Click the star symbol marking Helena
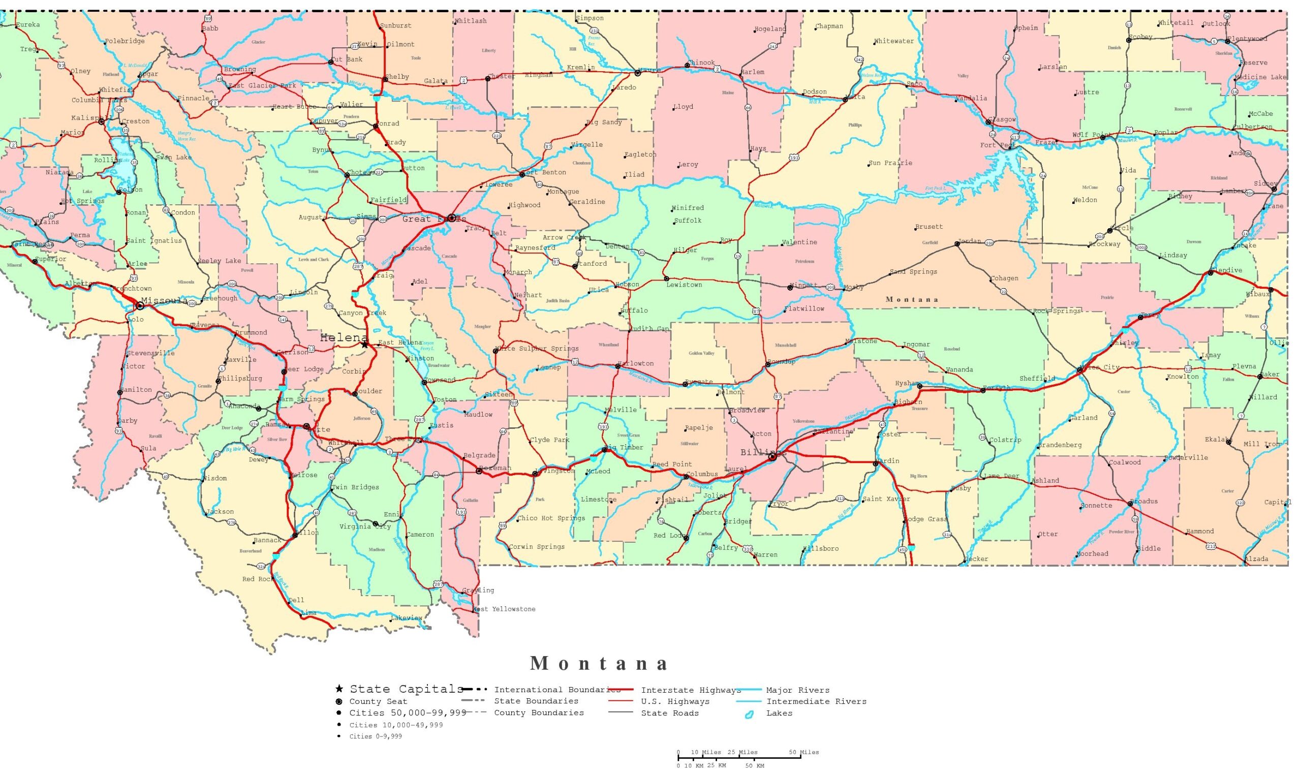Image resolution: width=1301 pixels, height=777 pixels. click(x=365, y=345)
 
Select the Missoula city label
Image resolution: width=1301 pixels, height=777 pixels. click(x=164, y=300)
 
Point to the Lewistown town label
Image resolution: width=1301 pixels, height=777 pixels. click(x=684, y=285)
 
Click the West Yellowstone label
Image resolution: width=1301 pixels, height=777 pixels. click(x=504, y=609)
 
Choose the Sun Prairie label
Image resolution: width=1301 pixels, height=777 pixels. click(x=890, y=163)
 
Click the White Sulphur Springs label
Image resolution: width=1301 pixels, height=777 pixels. click(x=537, y=349)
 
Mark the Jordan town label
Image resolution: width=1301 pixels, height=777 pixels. click(x=969, y=241)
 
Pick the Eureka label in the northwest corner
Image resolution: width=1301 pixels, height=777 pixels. click(x=28, y=24)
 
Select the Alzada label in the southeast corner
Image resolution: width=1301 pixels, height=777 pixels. click(x=1256, y=559)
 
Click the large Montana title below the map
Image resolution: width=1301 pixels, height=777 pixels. click(x=599, y=664)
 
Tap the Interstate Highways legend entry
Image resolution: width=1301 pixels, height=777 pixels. click(x=691, y=690)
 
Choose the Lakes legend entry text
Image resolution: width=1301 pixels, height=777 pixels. click(x=779, y=713)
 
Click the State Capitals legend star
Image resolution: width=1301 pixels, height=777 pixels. click(x=339, y=689)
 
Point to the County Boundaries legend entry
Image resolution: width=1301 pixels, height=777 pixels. click(x=538, y=712)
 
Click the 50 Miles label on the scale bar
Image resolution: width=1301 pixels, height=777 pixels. click(x=803, y=753)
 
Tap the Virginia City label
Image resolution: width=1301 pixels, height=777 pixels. click(x=365, y=527)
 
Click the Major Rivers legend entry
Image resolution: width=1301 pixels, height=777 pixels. click(x=797, y=690)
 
